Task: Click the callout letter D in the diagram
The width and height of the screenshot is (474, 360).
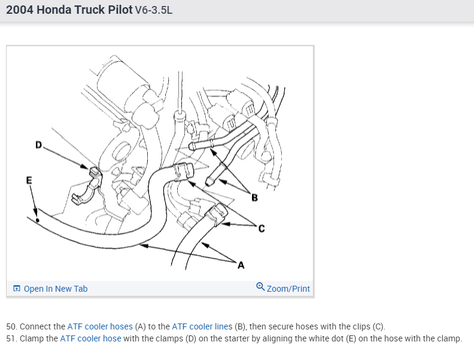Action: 39,144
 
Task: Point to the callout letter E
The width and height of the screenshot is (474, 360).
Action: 29,180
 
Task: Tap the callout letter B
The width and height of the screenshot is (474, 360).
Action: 254,198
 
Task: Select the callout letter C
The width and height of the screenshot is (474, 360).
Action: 261,229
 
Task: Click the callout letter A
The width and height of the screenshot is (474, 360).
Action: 241,265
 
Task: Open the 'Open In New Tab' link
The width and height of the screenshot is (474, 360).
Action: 56,289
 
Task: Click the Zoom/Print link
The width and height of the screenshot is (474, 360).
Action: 288,289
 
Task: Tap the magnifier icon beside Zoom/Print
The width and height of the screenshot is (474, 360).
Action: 260,287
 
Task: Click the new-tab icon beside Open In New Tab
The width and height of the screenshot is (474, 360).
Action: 17,289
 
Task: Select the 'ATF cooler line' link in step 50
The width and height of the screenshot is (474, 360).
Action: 195,326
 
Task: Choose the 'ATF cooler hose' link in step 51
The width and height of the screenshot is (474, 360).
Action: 90,338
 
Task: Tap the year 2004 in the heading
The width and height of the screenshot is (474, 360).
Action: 19,11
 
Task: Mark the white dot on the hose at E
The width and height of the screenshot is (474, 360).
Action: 38,220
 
